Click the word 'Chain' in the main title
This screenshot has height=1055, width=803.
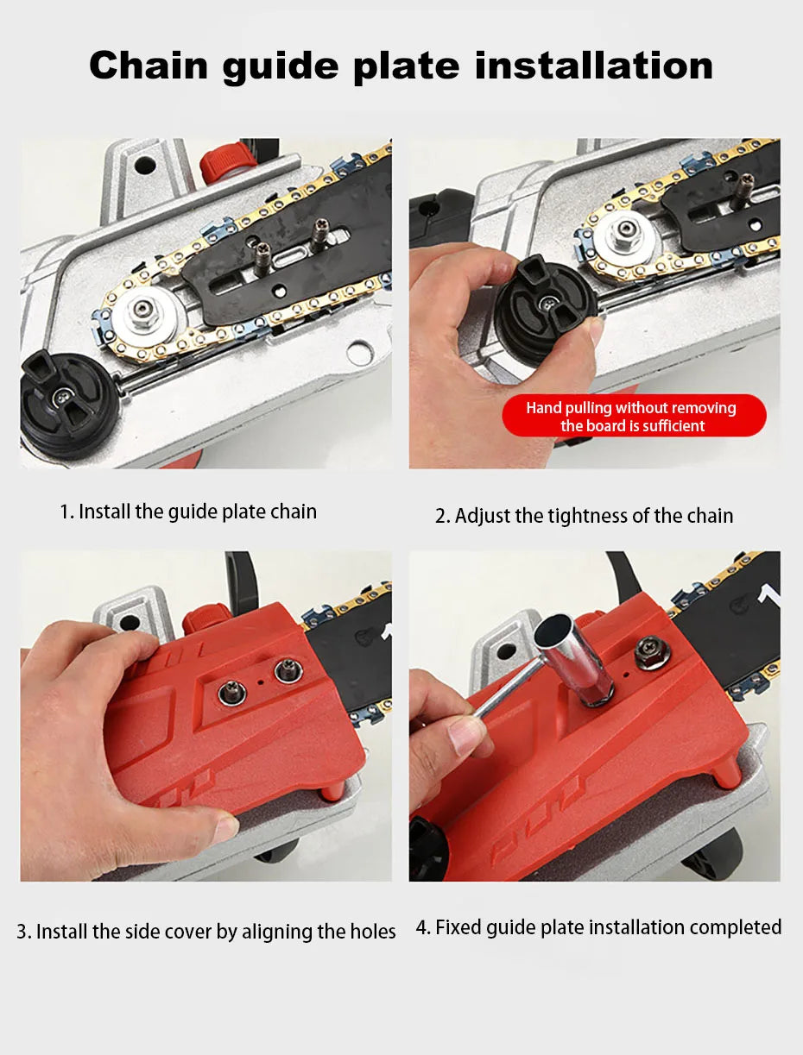149,66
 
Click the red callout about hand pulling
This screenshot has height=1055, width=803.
633,417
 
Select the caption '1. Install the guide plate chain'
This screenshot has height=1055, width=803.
188,512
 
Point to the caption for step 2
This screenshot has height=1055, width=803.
584,516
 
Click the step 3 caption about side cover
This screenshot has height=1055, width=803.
206,932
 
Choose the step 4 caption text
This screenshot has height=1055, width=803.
598,927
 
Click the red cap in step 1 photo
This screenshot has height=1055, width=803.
228,160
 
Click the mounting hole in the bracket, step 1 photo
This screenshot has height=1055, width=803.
144,162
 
